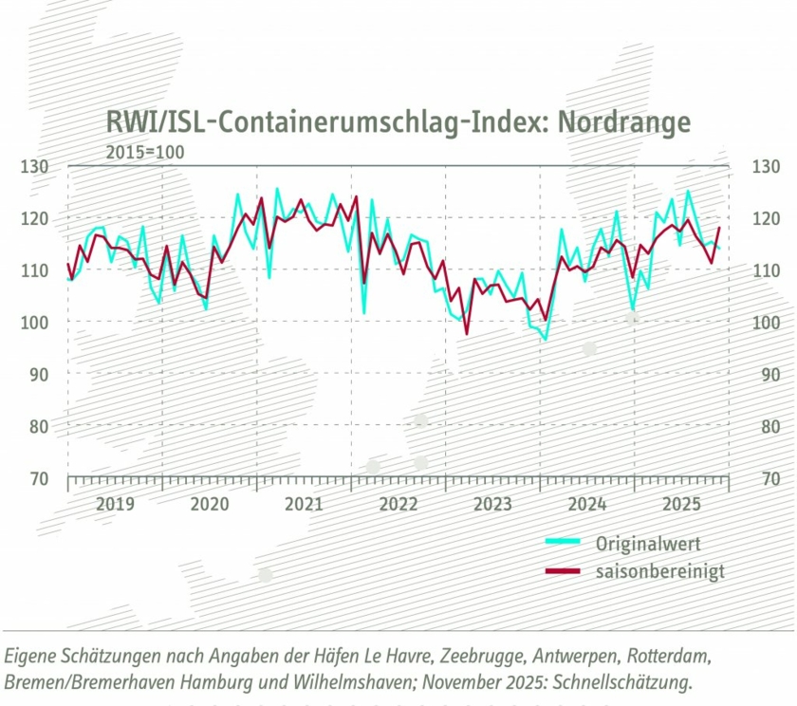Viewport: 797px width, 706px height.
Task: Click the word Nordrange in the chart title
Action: tap(623, 122)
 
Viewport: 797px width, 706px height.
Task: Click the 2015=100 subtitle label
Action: tap(145, 151)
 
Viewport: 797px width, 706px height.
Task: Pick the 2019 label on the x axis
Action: tap(115, 503)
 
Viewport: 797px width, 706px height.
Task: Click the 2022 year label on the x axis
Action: tap(398, 503)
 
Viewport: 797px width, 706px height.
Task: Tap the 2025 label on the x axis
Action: tap(682, 503)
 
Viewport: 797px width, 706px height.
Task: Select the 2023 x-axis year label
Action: tap(493, 503)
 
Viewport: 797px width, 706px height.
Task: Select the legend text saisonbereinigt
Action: tap(660, 572)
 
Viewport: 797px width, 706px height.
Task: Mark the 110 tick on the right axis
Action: tap(763, 270)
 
